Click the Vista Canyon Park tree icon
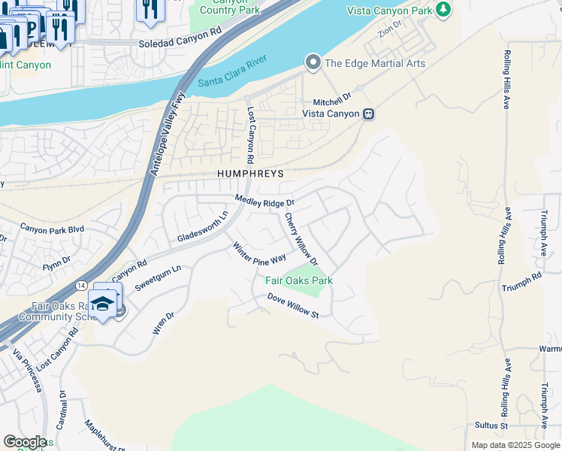(x=443, y=10)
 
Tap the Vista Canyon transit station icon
(x=368, y=114)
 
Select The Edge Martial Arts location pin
(x=313, y=62)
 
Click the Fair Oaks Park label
(x=299, y=280)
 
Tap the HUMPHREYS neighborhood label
(x=250, y=173)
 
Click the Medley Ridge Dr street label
(x=264, y=201)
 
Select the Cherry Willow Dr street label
(x=301, y=239)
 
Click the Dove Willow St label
(x=294, y=306)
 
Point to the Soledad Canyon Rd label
(x=181, y=44)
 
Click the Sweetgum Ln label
(x=158, y=278)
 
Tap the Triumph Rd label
(x=522, y=282)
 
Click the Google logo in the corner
(x=25, y=442)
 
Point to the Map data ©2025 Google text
(x=515, y=445)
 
